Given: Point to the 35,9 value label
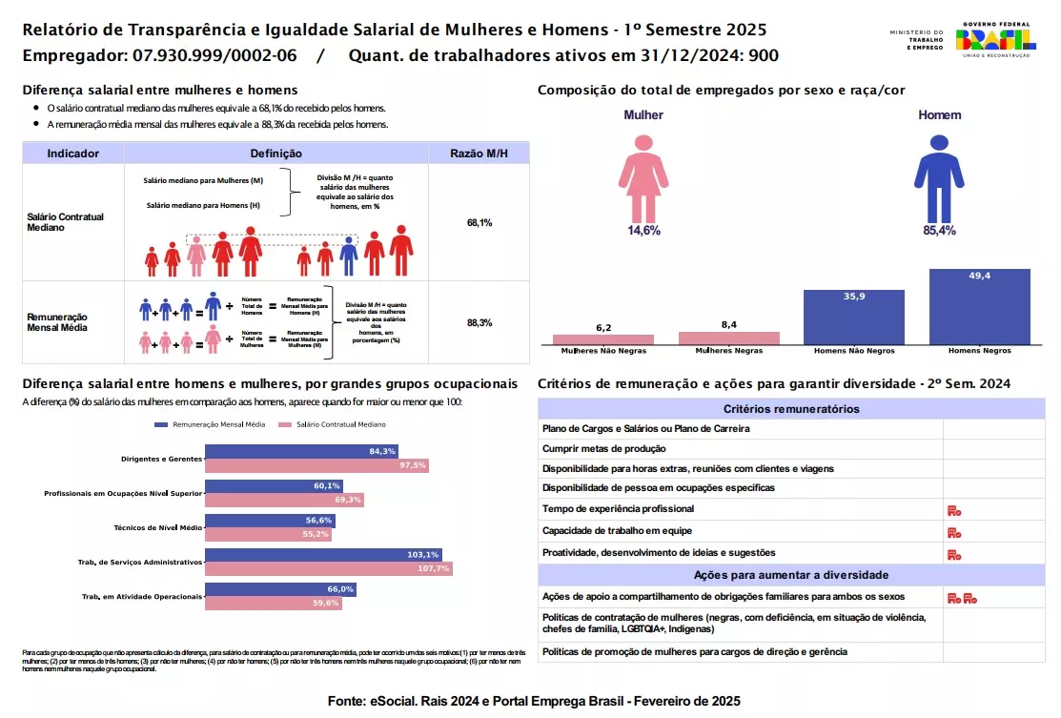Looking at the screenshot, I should (x=854, y=297).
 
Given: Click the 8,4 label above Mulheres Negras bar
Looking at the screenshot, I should (x=728, y=324).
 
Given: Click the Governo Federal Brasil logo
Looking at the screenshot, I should (x=996, y=39).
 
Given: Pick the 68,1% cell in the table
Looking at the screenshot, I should (x=479, y=222).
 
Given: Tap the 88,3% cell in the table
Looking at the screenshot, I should (x=479, y=323).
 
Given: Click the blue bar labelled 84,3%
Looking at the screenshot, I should (x=301, y=451).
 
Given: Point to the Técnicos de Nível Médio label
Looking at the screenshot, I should (x=157, y=527).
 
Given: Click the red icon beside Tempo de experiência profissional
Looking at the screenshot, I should (x=953, y=511).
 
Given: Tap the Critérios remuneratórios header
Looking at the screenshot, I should (x=791, y=409).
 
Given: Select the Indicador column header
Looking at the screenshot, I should (x=73, y=153).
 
